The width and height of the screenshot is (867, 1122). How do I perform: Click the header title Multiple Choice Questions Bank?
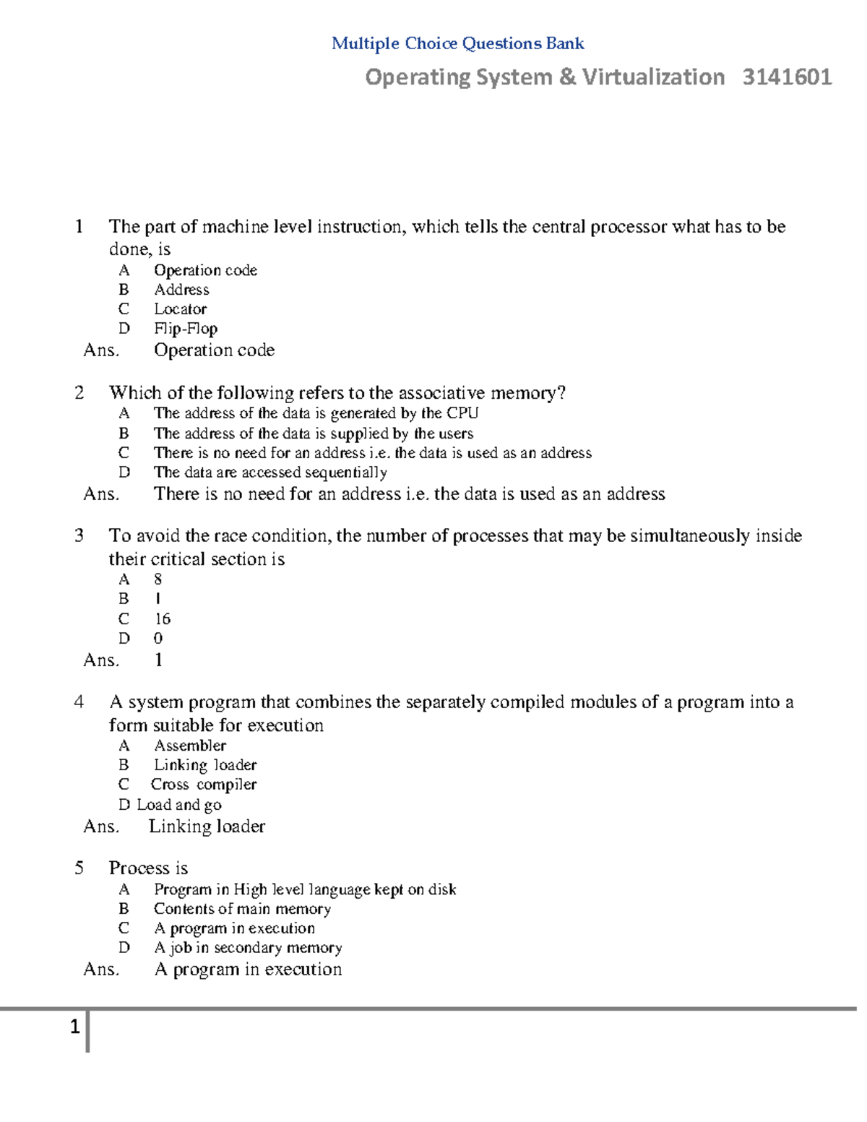click(457, 43)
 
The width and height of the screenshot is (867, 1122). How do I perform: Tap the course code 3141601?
click(787, 77)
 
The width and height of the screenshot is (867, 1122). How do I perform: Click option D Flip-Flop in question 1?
click(185, 329)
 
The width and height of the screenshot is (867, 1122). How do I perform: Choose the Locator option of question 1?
click(180, 309)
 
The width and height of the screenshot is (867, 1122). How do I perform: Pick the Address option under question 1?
click(181, 290)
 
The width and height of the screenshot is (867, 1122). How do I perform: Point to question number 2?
click(79, 392)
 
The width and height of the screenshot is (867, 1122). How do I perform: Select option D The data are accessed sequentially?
click(270, 472)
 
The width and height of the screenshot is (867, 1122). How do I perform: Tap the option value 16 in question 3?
click(163, 619)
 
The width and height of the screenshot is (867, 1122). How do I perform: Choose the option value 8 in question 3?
click(158, 579)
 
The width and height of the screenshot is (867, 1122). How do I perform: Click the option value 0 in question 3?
click(158, 639)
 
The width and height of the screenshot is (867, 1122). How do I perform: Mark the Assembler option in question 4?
click(190, 746)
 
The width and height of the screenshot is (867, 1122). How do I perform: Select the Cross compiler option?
click(203, 785)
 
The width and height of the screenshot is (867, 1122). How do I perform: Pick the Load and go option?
click(178, 805)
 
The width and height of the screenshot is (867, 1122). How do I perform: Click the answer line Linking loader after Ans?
click(207, 827)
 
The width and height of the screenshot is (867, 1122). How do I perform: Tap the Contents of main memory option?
click(242, 909)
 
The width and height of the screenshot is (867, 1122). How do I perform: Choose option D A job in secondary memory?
click(248, 948)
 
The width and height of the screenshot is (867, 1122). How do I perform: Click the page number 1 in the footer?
click(74, 1027)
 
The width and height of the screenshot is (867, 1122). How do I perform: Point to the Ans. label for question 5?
click(101, 970)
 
